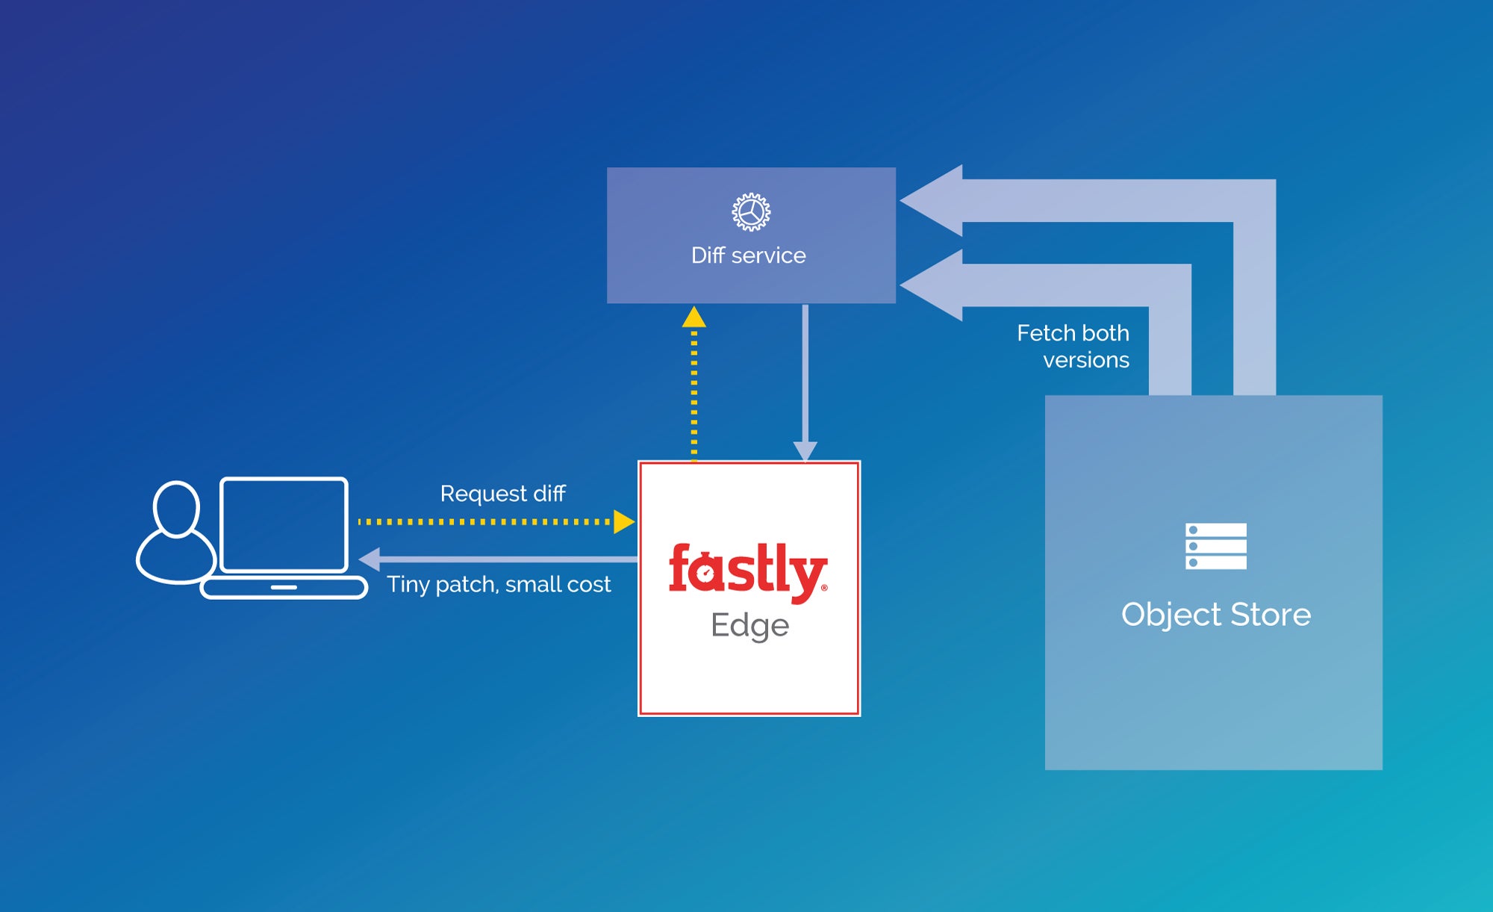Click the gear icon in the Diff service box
(x=751, y=212)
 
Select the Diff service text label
(x=749, y=255)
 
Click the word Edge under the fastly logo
(x=749, y=625)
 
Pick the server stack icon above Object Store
(x=1215, y=546)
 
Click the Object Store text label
(x=1215, y=614)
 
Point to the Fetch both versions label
(x=1073, y=346)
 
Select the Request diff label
(x=502, y=494)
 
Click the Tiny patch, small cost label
(x=499, y=584)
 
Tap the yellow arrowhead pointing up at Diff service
(x=694, y=317)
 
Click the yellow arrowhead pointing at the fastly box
(x=623, y=521)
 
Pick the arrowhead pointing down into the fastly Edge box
(x=805, y=450)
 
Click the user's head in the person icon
(x=176, y=509)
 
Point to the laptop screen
(x=284, y=524)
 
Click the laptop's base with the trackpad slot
(x=284, y=587)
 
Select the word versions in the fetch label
(x=1085, y=360)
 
